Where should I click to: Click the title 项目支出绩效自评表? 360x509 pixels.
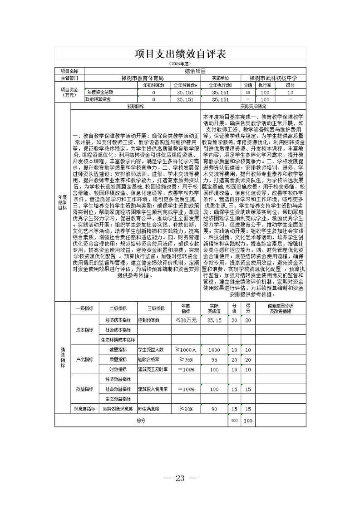pos(180,54)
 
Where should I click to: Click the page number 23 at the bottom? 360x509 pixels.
pos(180,478)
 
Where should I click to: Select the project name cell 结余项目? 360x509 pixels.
pos(195,71)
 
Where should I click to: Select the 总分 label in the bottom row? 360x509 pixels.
pos(141,421)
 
